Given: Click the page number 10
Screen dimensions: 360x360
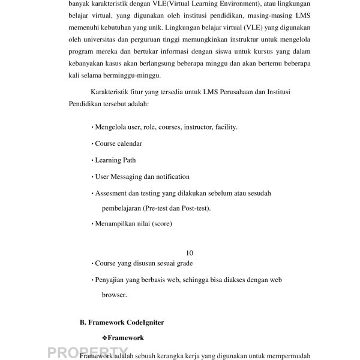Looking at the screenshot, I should (x=190, y=253).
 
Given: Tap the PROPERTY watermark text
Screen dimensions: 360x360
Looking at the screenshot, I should (x=83, y=353).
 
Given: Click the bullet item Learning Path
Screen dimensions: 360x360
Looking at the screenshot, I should (x=115, y=160).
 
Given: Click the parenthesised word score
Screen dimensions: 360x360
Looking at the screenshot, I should (x=162, y=224).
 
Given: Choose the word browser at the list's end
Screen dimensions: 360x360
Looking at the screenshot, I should (x=114, y=295).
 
